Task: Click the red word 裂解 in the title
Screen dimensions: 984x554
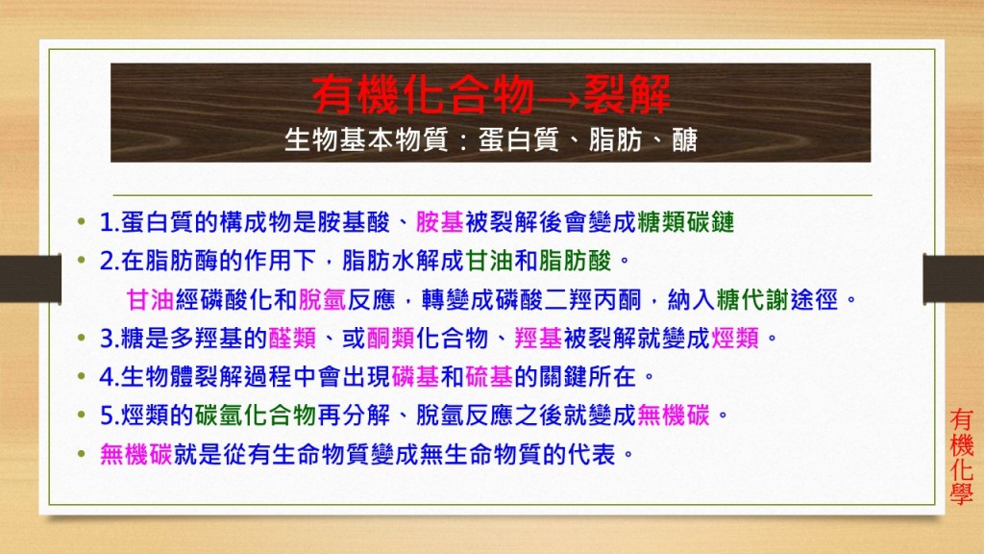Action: [627, 95]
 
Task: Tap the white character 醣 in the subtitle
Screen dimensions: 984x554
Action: [684, 139]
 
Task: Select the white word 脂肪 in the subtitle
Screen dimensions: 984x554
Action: [615, 139]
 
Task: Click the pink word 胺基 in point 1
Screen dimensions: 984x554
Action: [439, 222]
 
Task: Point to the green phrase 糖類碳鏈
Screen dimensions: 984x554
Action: [686, 222]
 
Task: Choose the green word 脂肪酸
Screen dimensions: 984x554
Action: [575, 260]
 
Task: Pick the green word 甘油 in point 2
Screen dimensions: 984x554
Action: [489, 260]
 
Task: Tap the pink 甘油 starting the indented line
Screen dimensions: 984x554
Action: [150, 300]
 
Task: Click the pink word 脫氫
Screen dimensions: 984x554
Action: [322, 300]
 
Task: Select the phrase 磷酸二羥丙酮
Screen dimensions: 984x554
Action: [569, 300]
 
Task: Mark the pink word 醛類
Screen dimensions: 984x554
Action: [292, 338]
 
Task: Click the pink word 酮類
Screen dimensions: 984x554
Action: [390, 338]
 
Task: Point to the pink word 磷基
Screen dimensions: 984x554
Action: [415, 376]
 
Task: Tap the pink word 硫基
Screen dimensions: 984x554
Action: [489, 376]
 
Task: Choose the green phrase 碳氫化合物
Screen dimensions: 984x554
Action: [256, 415]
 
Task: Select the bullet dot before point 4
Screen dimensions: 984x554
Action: [81, 377]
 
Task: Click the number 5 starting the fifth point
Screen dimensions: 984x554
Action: [106, 415]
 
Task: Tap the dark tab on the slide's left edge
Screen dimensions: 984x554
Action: [31, 279]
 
